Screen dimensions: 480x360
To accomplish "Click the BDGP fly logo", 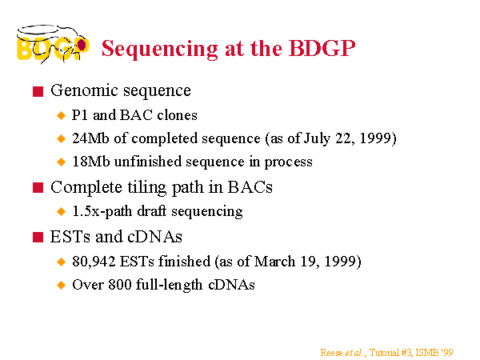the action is [x=53, y=44].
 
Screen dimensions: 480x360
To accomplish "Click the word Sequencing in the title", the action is [x=159, y=49].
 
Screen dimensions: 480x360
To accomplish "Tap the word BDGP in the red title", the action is [x=322, y=48].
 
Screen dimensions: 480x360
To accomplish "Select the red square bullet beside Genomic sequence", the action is [x=38, y=91].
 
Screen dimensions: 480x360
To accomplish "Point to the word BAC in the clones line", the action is [x=136, y=115].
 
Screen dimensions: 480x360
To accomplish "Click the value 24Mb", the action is [x=90, y=138].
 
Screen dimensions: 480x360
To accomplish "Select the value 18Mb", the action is [x=90, y=162].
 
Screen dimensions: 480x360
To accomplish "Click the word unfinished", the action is [x=148, y=161].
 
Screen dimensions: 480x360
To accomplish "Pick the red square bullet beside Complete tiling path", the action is [x=38, y=188].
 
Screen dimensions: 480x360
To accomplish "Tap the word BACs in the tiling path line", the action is [x=250, y=187].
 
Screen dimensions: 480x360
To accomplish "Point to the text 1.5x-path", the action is [x=102, y=211].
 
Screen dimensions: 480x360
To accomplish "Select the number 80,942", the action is [x=94, y=262].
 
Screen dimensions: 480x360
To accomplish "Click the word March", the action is [x=274, y=262].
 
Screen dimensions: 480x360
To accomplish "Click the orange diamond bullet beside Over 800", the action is [x=62, y=285].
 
